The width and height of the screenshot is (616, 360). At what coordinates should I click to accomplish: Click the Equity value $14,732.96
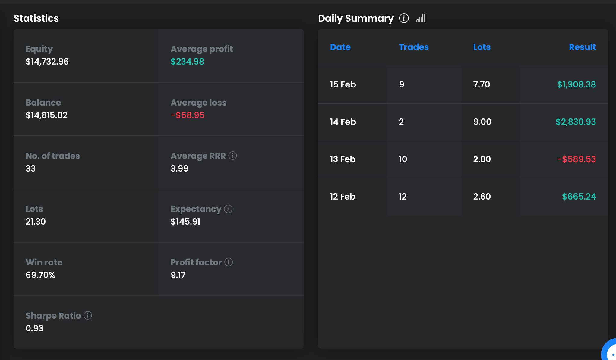pyautogui.click(x=47, y=62)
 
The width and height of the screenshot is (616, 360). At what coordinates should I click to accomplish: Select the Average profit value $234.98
pyautogui.click(x=187, y=62)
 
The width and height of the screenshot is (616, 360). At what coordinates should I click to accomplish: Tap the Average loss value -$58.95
pyautogui.click(x=188, y=115)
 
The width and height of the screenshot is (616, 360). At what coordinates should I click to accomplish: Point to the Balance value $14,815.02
pyautogui.click(x=46, y=115)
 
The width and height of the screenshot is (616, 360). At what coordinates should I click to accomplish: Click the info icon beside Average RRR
pyautogui.click(x=232, y=156)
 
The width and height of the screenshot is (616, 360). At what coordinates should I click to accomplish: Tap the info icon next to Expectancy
pyautogui.click(x=228, y=209)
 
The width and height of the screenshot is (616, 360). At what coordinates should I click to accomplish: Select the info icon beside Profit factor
pyautogui.click(x=229, y=262)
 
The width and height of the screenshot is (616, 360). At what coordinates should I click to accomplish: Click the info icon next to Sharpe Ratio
pyautogui.click(x=88, y=315)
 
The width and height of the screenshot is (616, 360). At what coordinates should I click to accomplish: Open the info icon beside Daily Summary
pyautogui.click(x=404, y=18)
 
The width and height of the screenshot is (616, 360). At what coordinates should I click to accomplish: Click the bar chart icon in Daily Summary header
pyautogui.click(x=421, y=18)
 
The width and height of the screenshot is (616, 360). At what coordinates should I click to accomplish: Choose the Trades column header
pyautogui.click(x=414, y=47)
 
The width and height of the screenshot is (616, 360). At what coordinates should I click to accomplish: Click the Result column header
pyautogui.click(x=582, y=47)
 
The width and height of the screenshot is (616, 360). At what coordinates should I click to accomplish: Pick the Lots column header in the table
pyautogui.click(x=482, y=47)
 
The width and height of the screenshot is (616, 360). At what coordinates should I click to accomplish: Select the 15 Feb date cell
pyautogui.click(x=343, y=84)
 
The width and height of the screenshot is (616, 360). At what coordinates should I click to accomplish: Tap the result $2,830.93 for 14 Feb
pyautogui.click(x=576, y=122)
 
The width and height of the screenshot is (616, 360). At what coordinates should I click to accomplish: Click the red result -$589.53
pyautogui.click(x=577, y=159)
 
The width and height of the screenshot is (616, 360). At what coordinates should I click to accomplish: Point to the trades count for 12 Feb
pyautogui.click(x=403, y=197)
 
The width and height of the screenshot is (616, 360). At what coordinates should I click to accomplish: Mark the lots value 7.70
pyautogui.click(x=482, y=84)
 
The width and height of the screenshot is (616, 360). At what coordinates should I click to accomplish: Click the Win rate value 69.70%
pyautogui.click(x=40, y=275)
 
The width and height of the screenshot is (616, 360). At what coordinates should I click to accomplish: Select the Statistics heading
pyautogui.click(x=36, y=18)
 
